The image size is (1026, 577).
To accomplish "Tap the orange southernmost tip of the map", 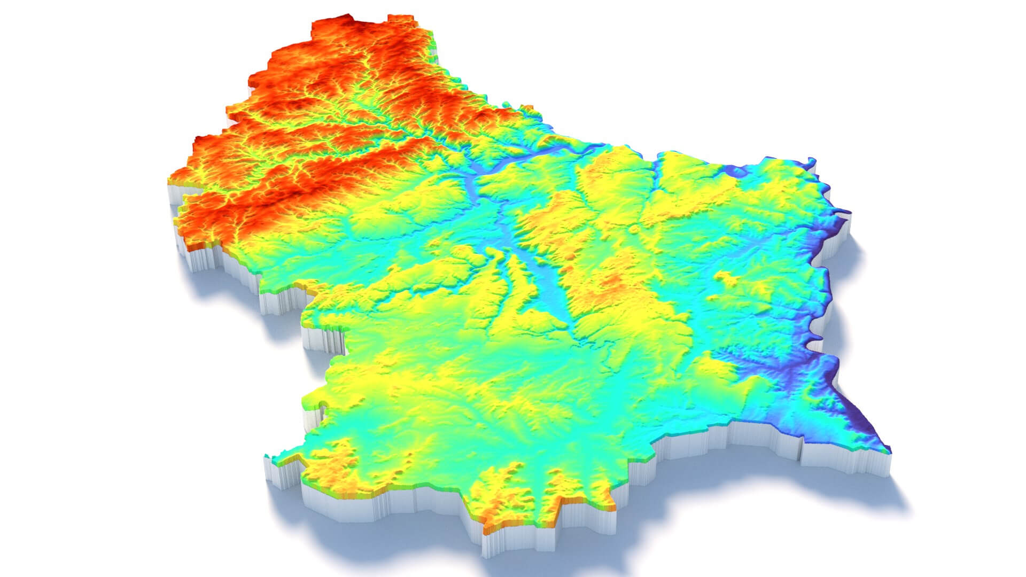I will (x=489, y=532).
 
